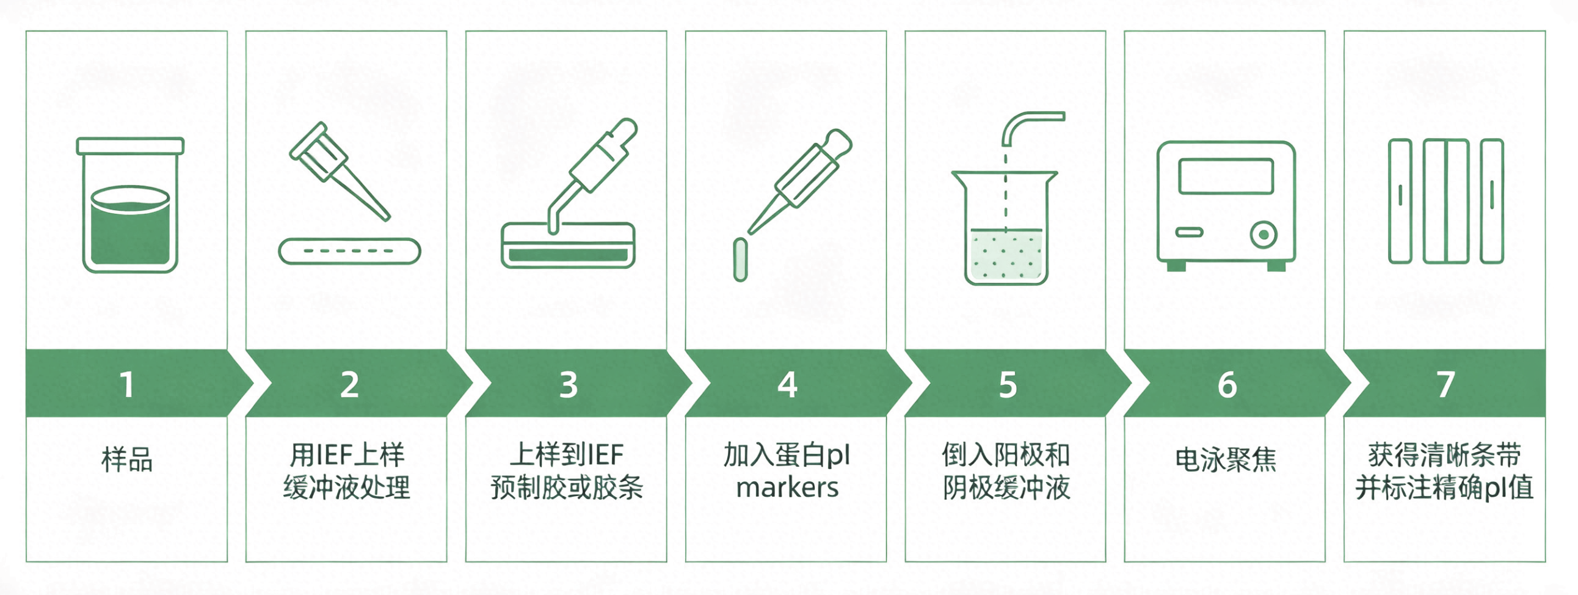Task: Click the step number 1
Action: click(127, 385)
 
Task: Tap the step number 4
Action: click(787, 385)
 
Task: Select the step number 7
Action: click(1445, 385)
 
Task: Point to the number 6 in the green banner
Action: click(1227, 385)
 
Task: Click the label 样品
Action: click(127, 459)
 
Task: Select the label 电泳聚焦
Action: click(1226, 459)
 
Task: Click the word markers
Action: click(787, 487)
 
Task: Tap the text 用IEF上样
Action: click(347, 454)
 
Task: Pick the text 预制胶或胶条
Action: click(567, 487)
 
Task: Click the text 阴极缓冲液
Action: click(1006, 487)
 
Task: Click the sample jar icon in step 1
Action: click(130, 205)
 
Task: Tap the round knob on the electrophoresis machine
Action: click(1263, 235)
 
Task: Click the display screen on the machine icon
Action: click(1226, 177)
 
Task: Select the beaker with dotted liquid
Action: click(1005, 227)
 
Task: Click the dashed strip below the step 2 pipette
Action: click(350, 251)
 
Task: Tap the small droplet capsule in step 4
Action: click(740, 260)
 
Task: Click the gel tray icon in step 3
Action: click(568, 245)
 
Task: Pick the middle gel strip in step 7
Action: click(1445, 201)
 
